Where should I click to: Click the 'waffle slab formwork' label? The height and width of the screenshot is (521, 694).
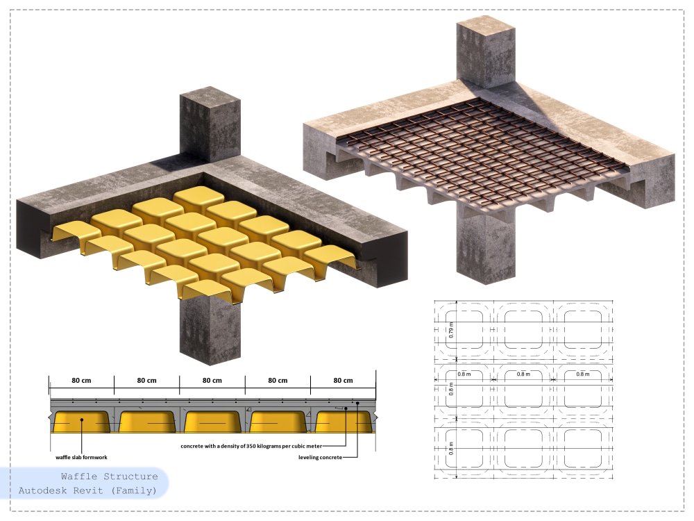(81, 457)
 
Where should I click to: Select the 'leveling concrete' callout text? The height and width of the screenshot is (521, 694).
(320, 457)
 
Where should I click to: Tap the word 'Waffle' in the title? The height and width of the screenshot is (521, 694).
(79, 477)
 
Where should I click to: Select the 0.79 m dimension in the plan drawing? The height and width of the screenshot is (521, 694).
(451, 330)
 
